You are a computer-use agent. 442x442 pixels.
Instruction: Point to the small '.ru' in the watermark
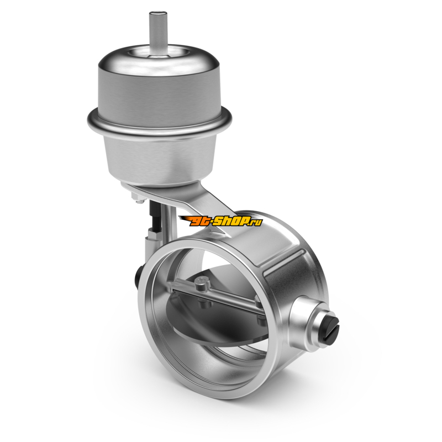[x=255, y=223]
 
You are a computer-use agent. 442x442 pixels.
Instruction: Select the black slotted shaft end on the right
[x=330, y=328]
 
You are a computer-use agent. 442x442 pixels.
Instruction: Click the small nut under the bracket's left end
[x=138, y=199]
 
